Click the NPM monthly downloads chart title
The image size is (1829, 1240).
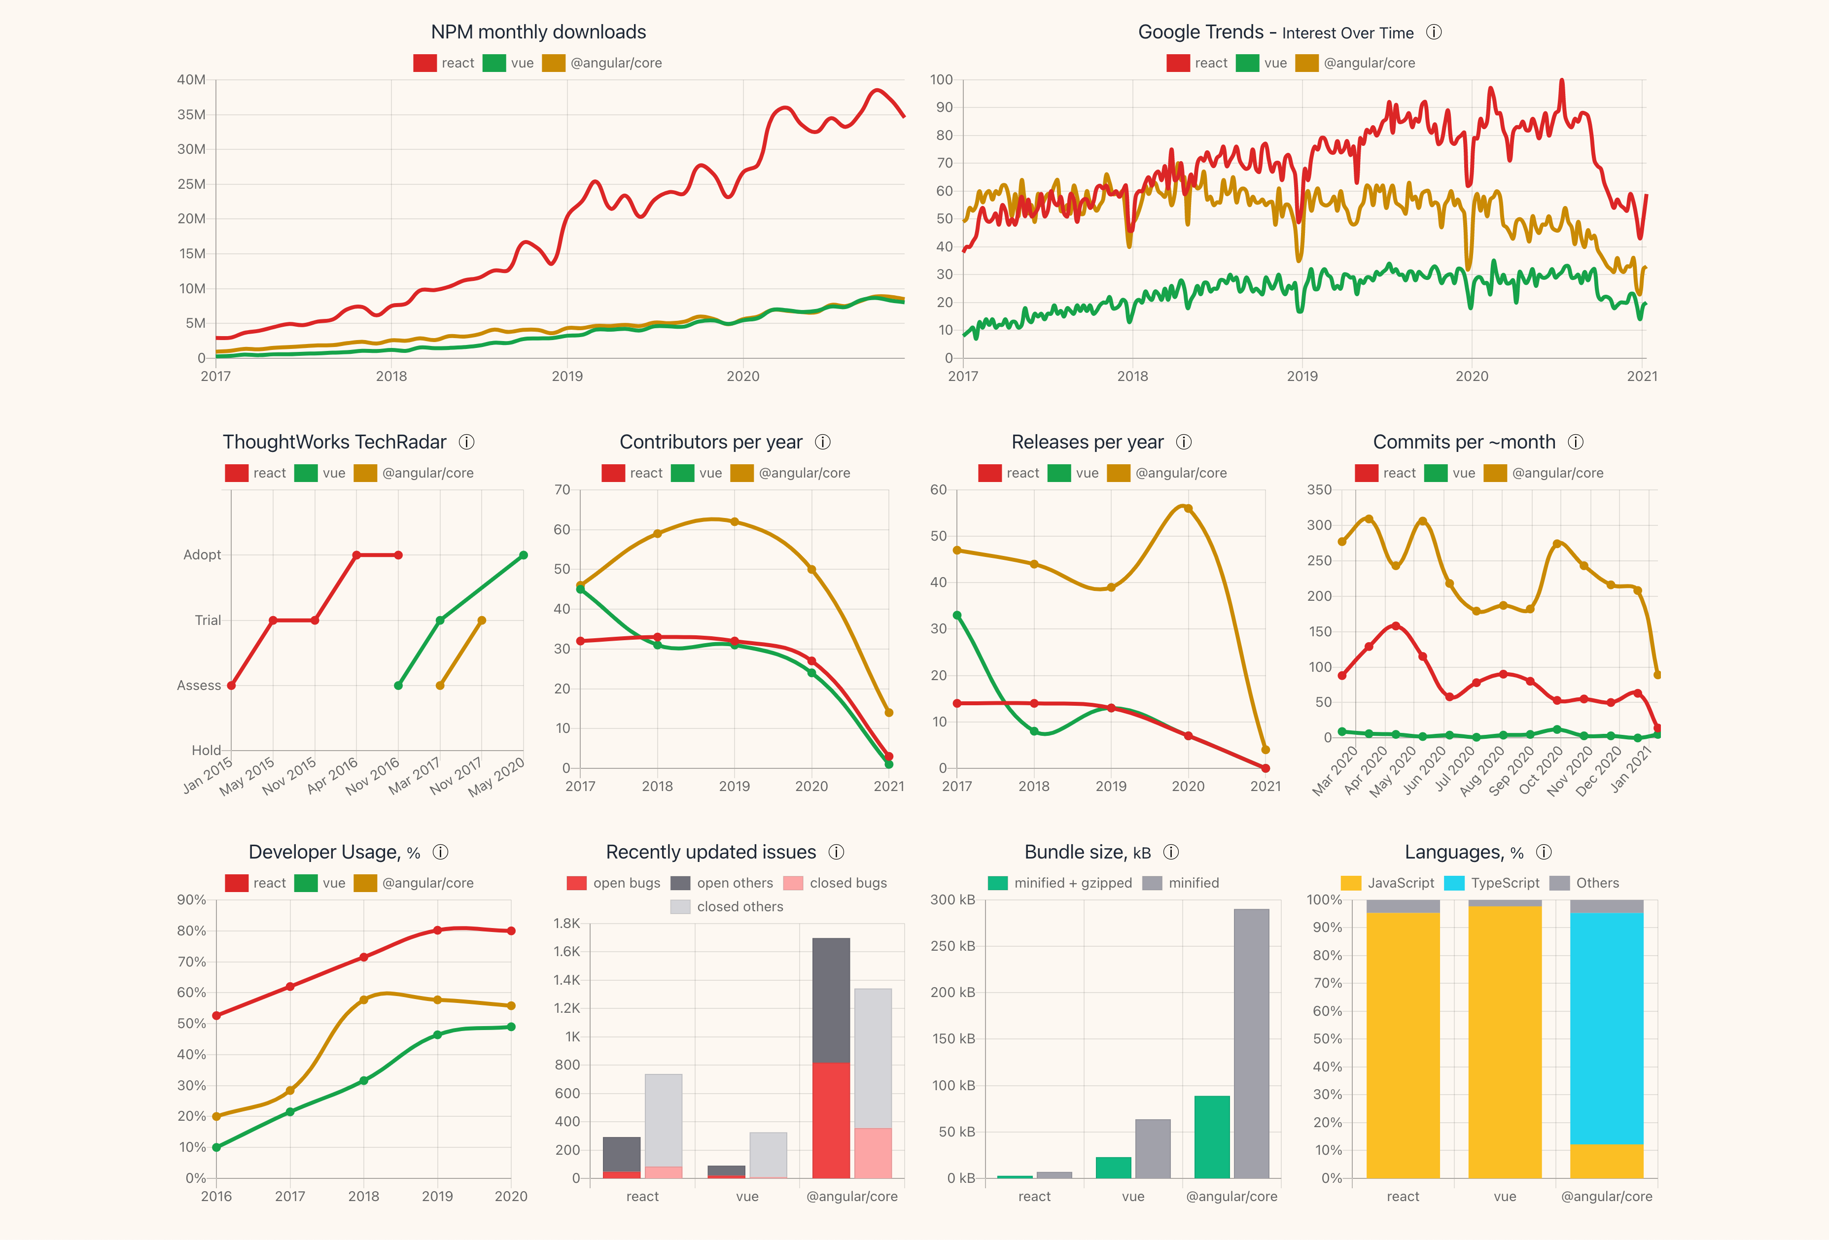pos(538,32)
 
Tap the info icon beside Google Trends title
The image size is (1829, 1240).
pos(1434,32)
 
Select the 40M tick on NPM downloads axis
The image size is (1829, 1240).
pos(191,79)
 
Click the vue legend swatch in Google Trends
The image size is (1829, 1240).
pos(1247,63)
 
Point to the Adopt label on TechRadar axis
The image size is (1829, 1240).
pos(202,554)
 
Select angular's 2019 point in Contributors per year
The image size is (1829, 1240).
pos(734,521)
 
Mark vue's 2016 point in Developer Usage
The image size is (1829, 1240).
pos(216,1147)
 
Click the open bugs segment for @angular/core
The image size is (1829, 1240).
pos(831,1120)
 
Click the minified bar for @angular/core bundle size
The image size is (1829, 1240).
pos(1251,1043)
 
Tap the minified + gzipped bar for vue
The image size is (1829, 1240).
pos(1114,1168)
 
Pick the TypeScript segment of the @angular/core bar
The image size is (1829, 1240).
pos(1606,1028)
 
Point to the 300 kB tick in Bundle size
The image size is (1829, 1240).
pos(952,899)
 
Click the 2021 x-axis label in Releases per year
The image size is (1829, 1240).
pos(1265,786)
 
